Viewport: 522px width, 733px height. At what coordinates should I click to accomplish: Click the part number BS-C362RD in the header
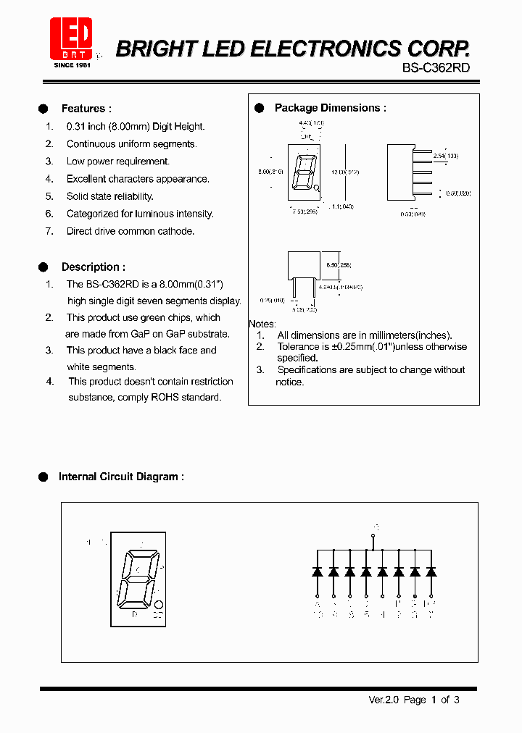click(x=436, y=68)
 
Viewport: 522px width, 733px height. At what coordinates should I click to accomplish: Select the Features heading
click(x=86, y=109)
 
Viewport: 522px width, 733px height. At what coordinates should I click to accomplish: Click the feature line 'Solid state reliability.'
click(x=109, y=196)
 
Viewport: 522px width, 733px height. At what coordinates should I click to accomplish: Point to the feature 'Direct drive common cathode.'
click(x=130, y=231)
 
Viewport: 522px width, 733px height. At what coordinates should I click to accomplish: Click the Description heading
click(x=93, y=267)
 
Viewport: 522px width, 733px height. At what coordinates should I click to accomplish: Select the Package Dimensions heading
click(x=330, y=108)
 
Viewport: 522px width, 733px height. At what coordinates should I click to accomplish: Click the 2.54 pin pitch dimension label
click(x=445, y=156)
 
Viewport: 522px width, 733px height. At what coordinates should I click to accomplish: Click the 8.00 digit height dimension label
click(x=270, y=172)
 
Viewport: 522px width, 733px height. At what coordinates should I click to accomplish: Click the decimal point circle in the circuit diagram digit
click(x=159, y=604)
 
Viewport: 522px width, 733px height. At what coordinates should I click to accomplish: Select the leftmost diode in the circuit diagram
click(x=318, y=571)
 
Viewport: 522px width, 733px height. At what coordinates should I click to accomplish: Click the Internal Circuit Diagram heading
click(x=120, y=477)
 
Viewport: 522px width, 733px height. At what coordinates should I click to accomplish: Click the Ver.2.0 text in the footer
click(x=384, y=700)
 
